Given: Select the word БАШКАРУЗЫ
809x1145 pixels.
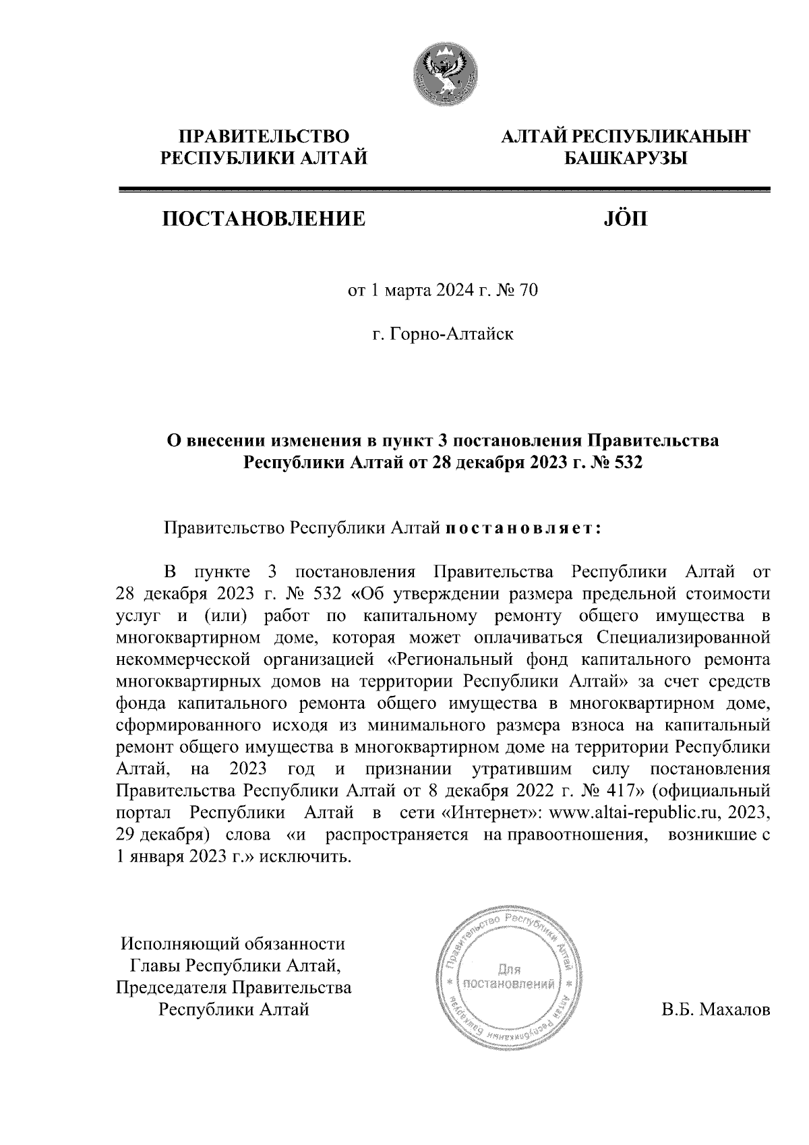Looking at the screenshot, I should pyautogui.click(x=624, y=159).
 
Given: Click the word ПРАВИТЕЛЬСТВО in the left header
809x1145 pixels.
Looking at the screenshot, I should pyautogui.click(x=263, y=138).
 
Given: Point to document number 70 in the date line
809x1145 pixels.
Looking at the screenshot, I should pyautogui.click(x=529, y=291).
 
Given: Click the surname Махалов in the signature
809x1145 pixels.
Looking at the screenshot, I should pyautogui.click(x=735, y=1010).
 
